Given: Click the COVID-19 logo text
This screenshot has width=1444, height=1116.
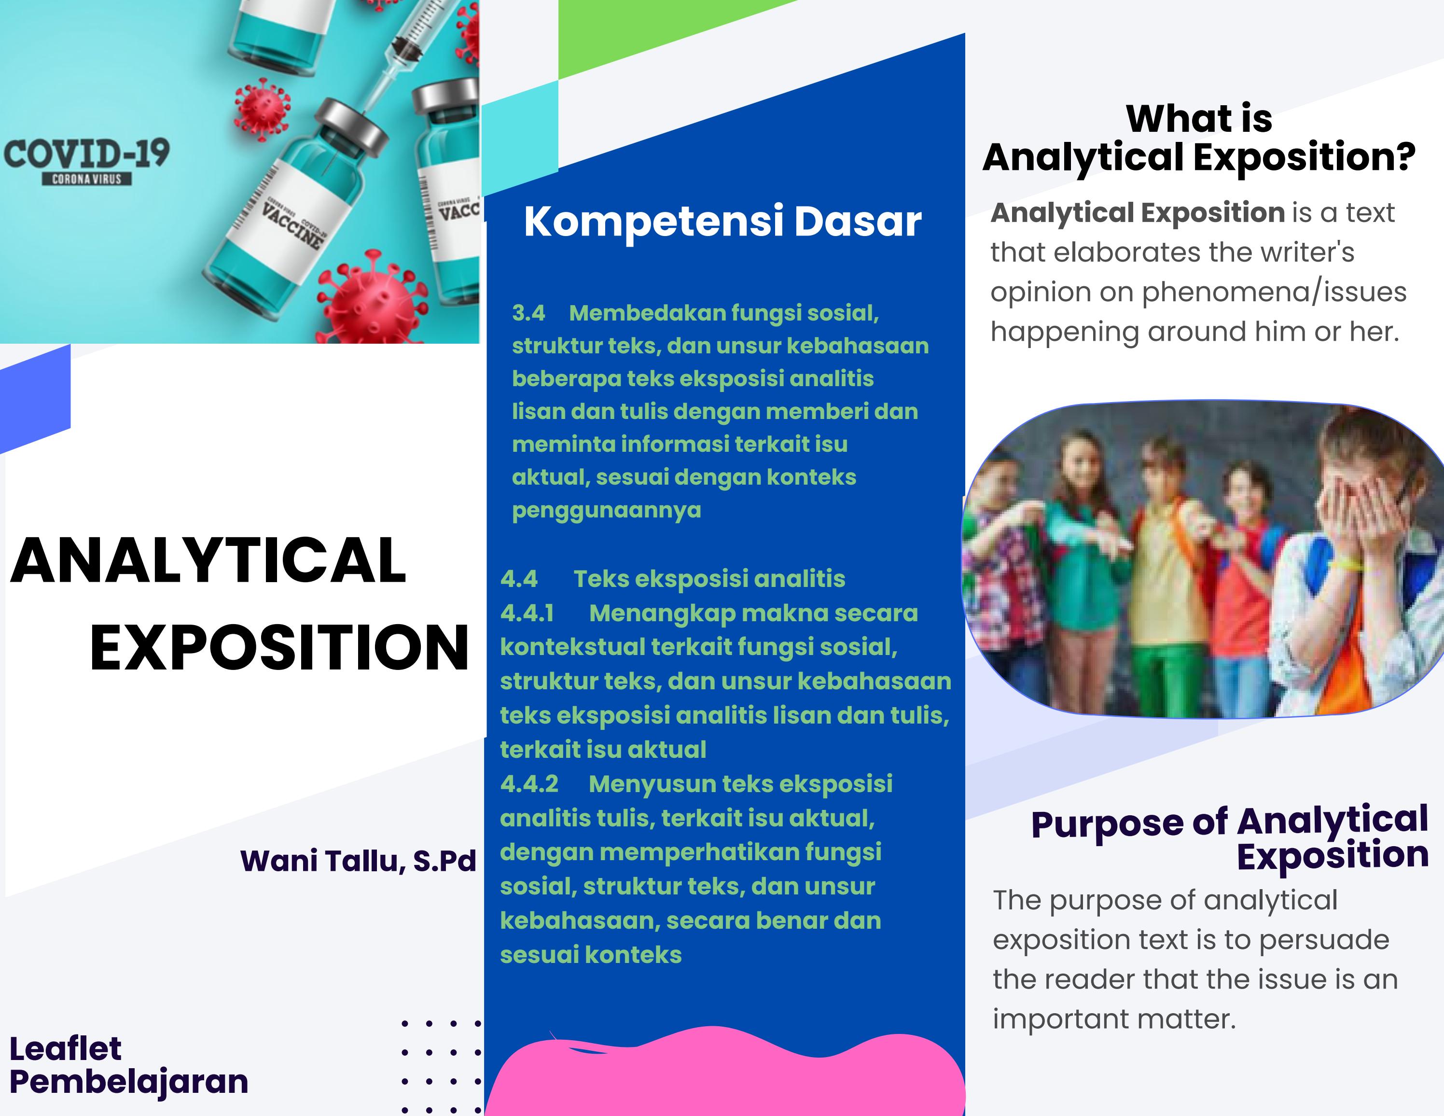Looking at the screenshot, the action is pos(86,153).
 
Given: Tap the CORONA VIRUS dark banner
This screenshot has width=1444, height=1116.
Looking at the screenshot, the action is pos(86,179).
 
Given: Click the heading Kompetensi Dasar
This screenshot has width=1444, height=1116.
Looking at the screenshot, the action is pos(722,222).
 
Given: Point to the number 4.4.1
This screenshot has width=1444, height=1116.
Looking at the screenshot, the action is pos(527,613).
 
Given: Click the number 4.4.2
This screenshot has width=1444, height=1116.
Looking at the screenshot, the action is pos(529,783).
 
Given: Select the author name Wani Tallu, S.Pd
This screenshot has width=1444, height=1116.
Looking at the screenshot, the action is pos(358,861).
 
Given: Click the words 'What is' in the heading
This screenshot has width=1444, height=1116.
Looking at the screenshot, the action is pos(1199,119).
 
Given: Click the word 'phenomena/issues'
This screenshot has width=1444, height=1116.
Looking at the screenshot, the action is pos(1274,292).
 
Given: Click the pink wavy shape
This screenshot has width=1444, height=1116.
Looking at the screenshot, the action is pos(724,1071).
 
